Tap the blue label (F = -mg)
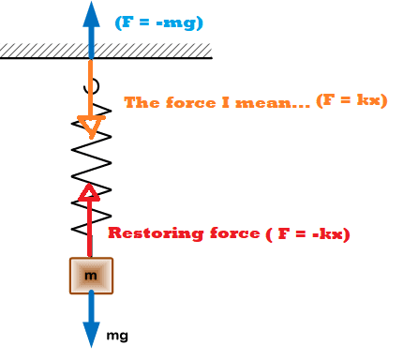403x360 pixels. click(x=159, y=22)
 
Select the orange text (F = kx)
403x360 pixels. click(x=351, y=100)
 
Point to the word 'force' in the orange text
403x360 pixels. click(x=191, y=102)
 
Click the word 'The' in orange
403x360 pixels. click(x=142, y=102)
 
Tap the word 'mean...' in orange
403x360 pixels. click(x=273, y=102)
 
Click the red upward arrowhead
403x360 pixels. click(x=89, y=192)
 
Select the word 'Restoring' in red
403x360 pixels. click(x=156, y=233)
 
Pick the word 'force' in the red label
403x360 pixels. click(x=235, y=233)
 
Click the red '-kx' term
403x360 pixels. click(x=327, y=233)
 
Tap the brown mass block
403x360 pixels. click(x=91, y=276)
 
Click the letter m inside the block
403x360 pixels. click(x=91, y=276)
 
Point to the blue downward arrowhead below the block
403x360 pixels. click(x=91, y=335)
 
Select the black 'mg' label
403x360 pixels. click(x=117, y=336)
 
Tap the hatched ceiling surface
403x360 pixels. click(x=106, y=51)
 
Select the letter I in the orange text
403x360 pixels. click(x=225, y=102)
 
